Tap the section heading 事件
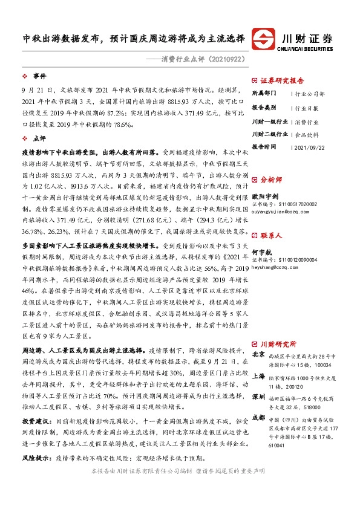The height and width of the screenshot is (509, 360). pos(39,76)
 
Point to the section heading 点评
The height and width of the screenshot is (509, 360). pos(39,138)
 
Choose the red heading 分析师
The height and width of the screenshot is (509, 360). pos(270,180)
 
